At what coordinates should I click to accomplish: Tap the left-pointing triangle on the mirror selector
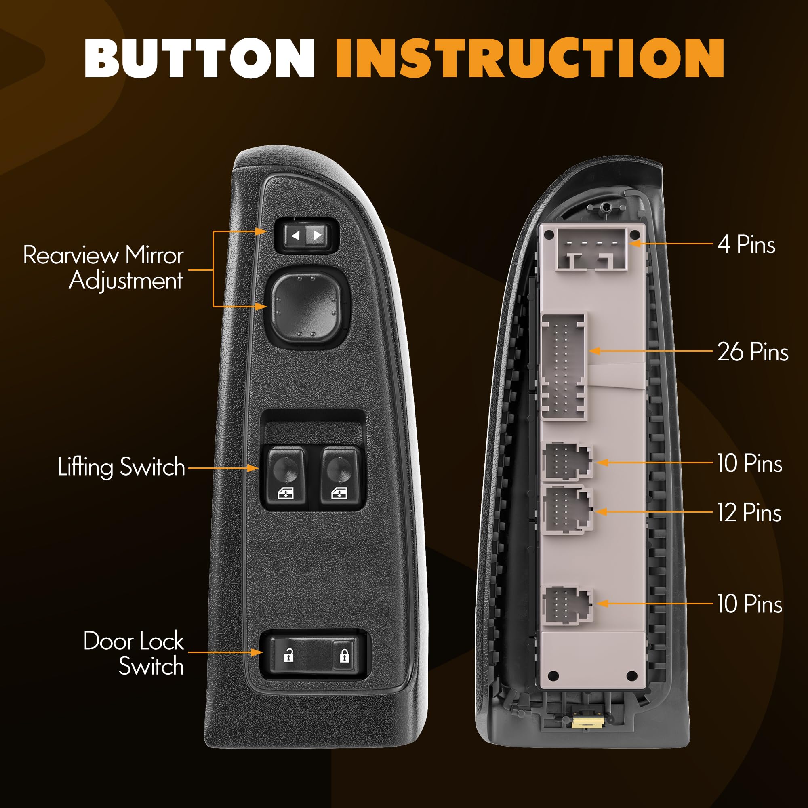click(296, 236)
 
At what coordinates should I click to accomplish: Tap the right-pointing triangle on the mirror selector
click(318, 236)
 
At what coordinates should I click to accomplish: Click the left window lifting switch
click(286, 477)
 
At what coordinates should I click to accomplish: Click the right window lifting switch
click(340, 477)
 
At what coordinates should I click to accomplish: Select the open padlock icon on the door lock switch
click(288, 655)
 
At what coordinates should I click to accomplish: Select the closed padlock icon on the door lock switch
click(344, 655)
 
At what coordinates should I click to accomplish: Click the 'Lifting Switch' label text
click(121, 467)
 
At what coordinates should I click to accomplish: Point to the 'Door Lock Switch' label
click(134, 653)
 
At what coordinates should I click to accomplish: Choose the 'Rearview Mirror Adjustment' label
click(104, 268)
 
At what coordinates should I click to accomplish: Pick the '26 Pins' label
click(753, 351)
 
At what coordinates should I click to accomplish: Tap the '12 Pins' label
click(749, 513)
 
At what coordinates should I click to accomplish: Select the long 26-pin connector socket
click(564, 367)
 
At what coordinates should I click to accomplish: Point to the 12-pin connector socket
click(568, 509)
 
